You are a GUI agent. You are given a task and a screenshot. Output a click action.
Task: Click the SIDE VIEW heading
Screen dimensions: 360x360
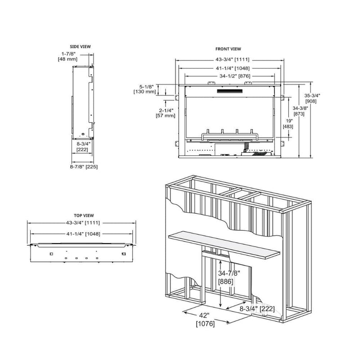(x=81, y=46)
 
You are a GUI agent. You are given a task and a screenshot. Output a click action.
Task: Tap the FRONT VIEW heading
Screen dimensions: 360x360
(x=229, y=49)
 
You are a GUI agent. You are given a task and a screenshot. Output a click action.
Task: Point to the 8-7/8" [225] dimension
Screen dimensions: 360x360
(x=84, y=166)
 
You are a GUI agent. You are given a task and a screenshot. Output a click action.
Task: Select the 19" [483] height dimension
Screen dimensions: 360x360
(x=288, y=123)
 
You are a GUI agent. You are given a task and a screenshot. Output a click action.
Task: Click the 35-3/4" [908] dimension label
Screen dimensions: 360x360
(x=312, y=98)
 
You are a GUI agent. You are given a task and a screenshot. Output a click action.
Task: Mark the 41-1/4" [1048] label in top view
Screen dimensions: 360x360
(x=81, y=234)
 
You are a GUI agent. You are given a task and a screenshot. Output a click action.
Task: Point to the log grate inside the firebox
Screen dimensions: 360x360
(x=230, y=135)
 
